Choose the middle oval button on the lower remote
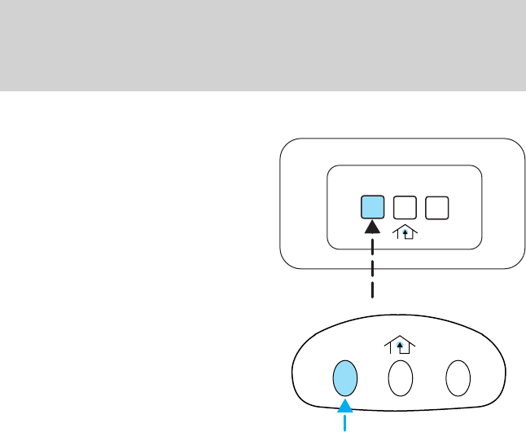pyautogui.click(x=401, y=378)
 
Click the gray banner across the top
pyautogui.click(x=263, y=45)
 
